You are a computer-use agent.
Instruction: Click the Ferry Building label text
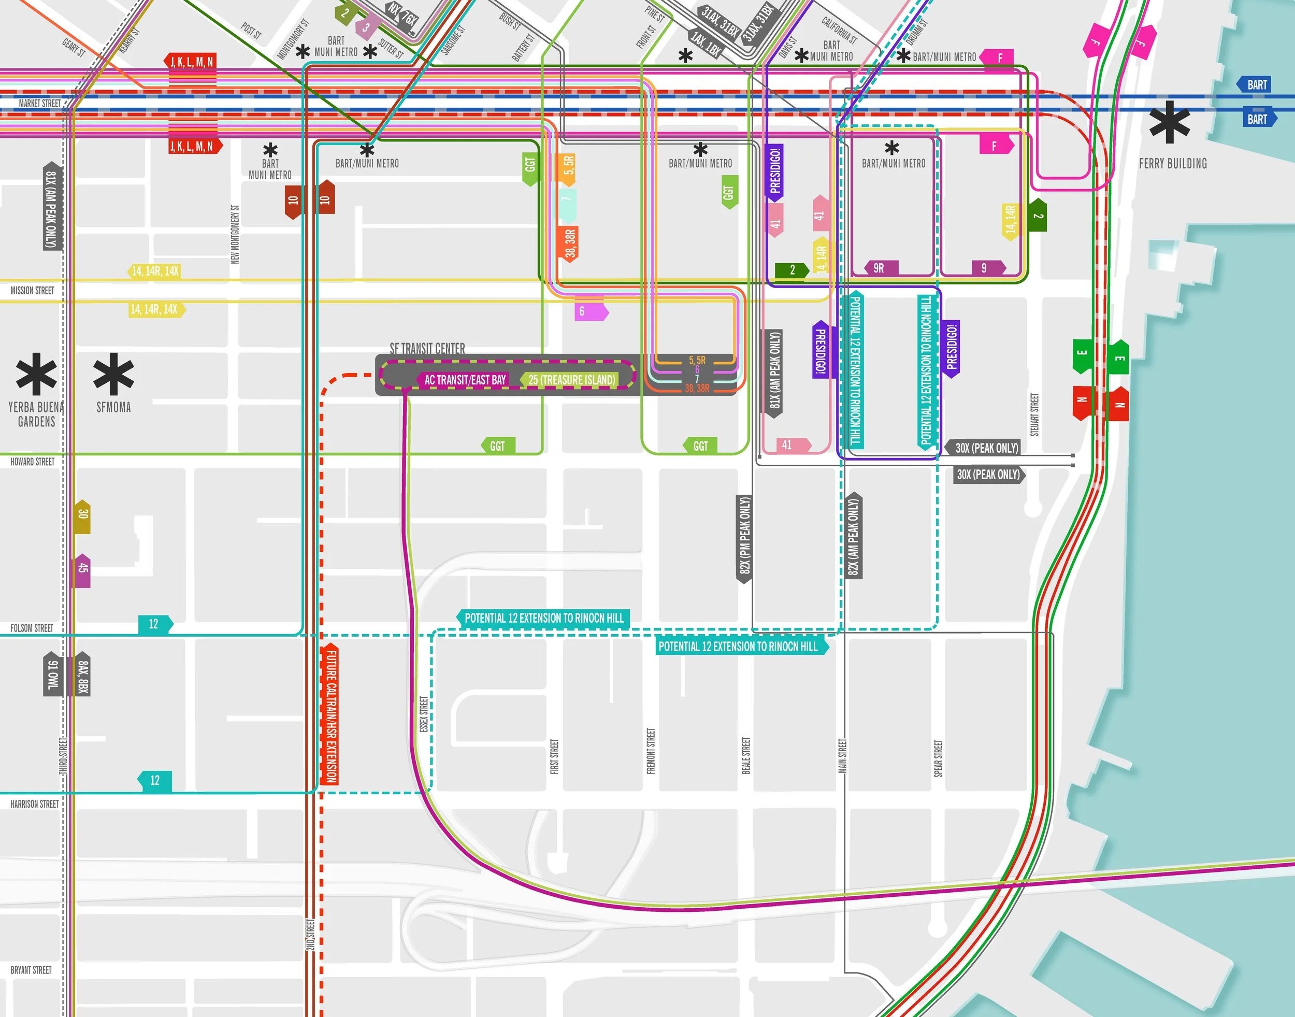pos(1172,164)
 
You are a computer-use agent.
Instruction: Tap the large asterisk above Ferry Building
pos(1169,123)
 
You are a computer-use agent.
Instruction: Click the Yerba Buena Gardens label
pos(36,414)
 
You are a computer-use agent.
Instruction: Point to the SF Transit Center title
pos(427,348)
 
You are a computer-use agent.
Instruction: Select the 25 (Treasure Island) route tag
pos(570,380)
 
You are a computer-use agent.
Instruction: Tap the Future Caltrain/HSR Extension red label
pos(331,714)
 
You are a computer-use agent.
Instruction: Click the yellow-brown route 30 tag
pos(83,515)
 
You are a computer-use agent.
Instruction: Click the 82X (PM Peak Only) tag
pos(744,538)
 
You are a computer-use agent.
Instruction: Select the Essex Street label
pos(423,714)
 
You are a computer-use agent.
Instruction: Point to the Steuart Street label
pos(1034,414)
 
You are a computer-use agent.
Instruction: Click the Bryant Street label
pos(31,970)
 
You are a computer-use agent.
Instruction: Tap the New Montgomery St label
pos(235,235)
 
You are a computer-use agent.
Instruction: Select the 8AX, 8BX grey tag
pos(83,677)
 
